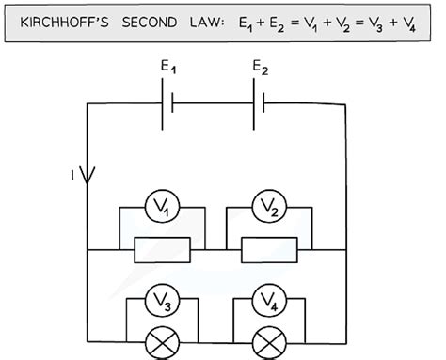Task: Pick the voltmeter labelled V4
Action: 269,302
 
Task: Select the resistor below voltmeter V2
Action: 269,250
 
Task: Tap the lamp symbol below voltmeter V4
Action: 269,339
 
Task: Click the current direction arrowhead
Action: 88,175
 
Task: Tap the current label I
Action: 72,174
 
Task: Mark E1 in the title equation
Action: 249,22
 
